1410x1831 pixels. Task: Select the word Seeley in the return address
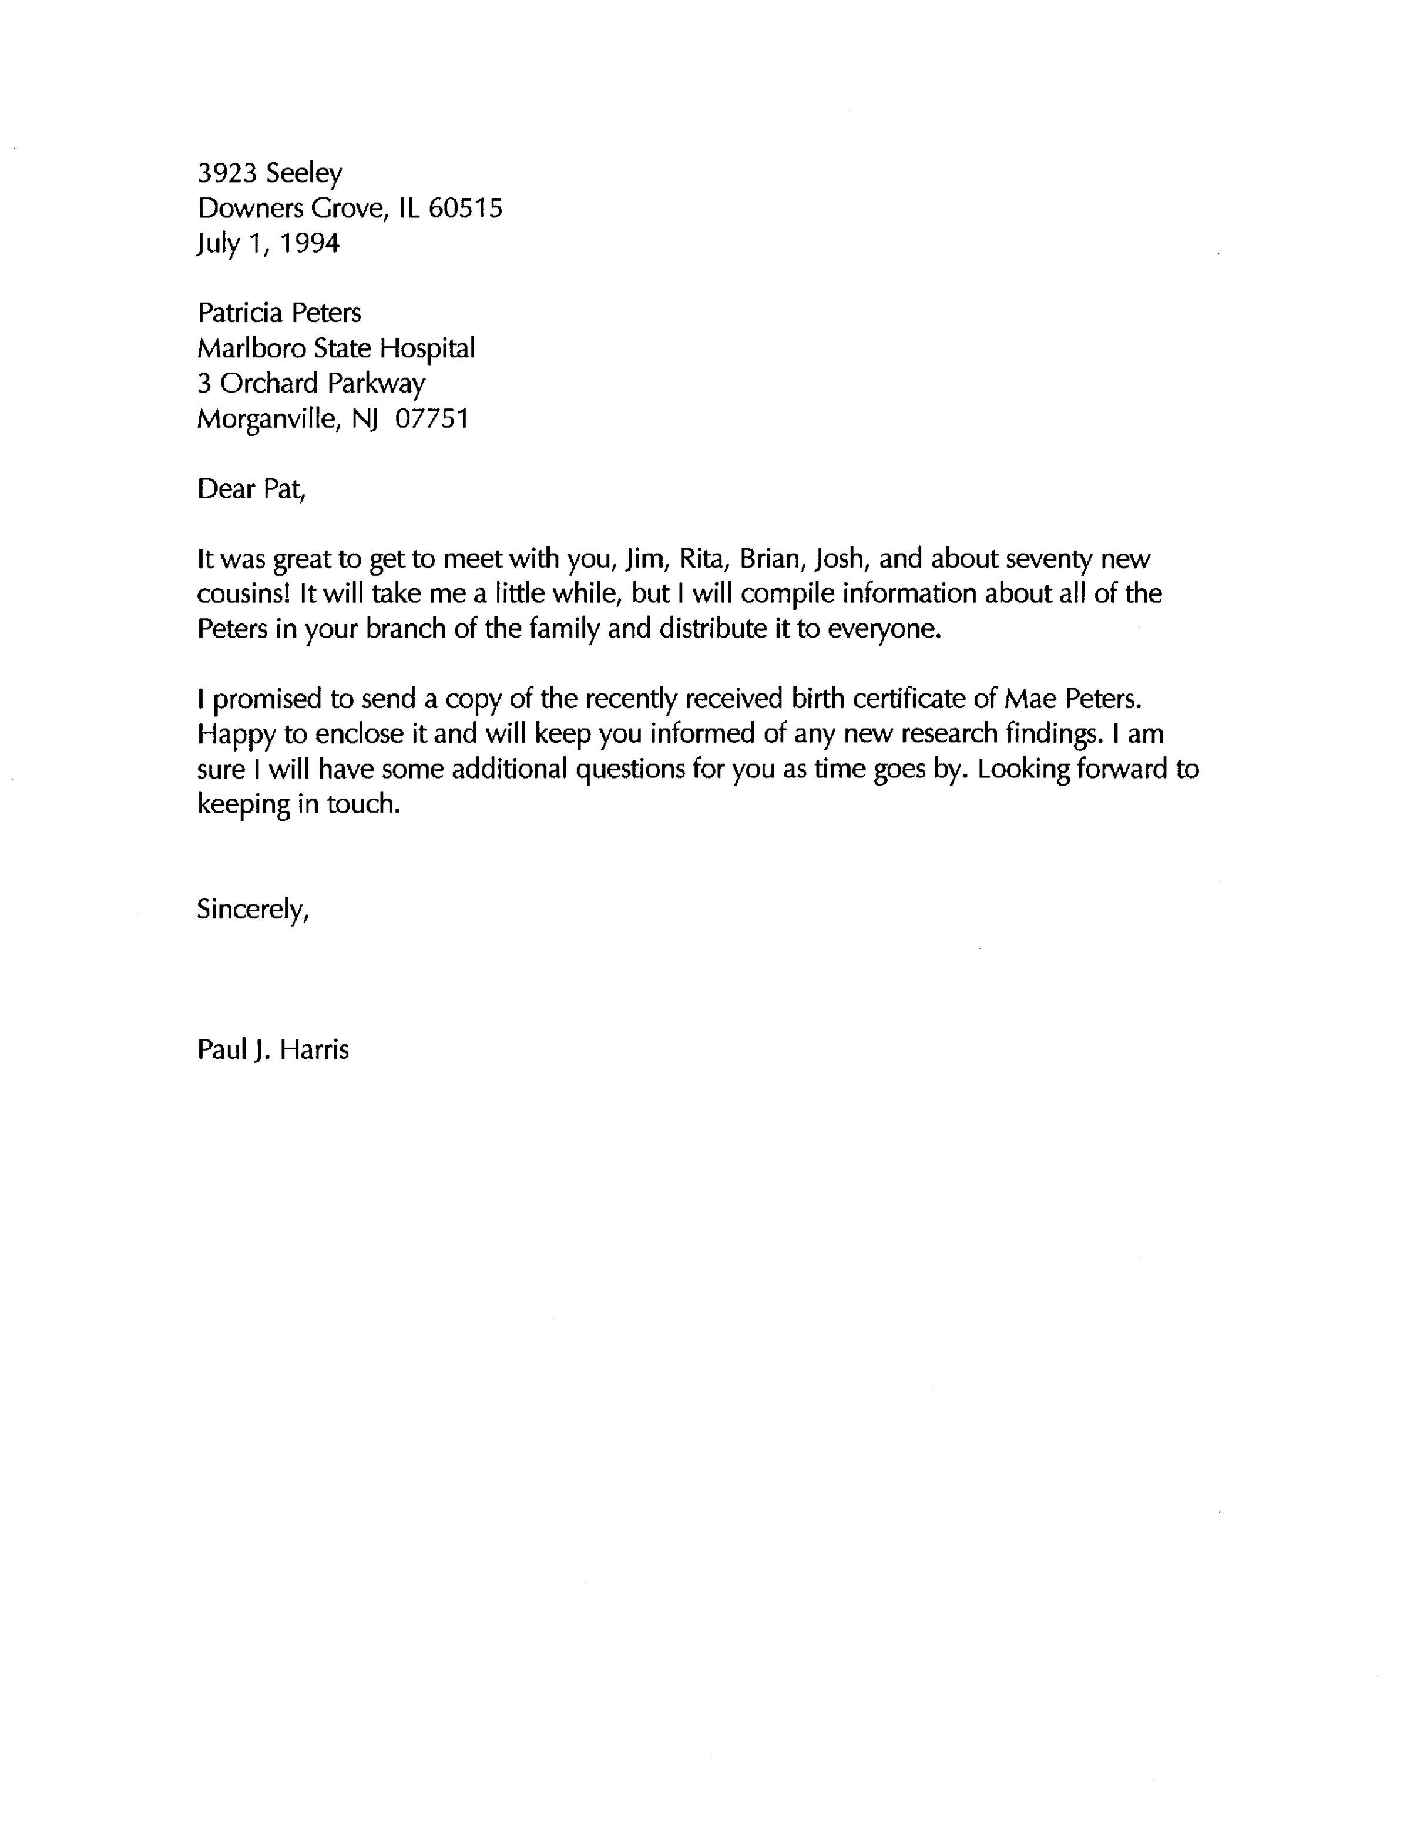(x=304, y=175)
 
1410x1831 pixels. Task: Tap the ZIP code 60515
(x=465, y=208)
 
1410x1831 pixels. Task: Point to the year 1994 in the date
(x=308, y=243)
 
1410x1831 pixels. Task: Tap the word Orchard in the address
(x=269, y=383)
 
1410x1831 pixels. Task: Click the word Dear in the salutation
(x=226, y=489)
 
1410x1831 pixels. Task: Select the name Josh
(x=845, y=558)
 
